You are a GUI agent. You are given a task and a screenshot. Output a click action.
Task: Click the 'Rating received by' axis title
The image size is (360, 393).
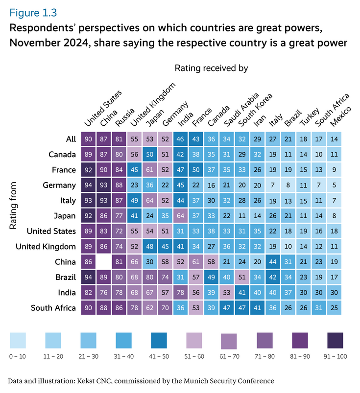pos(211,68)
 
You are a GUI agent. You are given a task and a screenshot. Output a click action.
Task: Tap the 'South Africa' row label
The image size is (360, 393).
pos(53,308)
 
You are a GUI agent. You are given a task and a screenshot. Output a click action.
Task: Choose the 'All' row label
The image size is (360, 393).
pos(71,139)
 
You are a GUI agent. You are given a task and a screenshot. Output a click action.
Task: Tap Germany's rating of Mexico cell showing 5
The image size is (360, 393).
pos(334,185)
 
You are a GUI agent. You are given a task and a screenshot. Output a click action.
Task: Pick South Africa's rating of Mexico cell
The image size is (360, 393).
pos(334,308)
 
